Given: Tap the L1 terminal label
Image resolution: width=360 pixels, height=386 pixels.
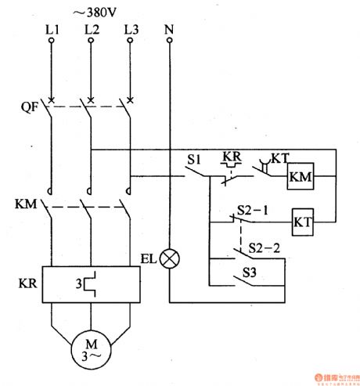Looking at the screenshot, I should pos(52,31).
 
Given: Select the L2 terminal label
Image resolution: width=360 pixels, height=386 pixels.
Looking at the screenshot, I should pos(91,31).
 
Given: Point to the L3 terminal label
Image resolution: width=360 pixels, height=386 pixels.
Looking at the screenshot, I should pos(130,31).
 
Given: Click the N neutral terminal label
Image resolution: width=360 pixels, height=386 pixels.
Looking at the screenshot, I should pos(169,31).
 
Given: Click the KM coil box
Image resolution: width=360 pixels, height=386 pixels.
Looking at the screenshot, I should pos(301,179).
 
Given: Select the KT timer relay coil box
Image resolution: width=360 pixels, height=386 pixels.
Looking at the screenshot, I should pos(303,222).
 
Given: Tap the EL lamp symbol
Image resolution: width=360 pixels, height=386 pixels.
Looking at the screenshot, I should pos(169,258).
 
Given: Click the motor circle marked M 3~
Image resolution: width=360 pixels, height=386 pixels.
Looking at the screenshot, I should pos(91,349).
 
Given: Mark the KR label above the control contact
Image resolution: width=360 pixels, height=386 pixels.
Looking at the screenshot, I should pos(232,155).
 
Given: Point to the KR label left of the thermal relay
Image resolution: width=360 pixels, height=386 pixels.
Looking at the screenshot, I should pos(24,281).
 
